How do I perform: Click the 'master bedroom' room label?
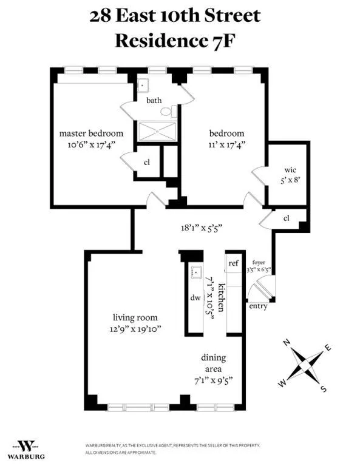tap(91, 133)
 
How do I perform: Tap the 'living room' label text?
tap(135, 317)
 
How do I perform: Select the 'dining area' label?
tap(217, 362)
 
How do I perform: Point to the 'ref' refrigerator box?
tap(234, 263)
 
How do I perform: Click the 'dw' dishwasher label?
tap(195, 298)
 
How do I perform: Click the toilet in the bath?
tap(174, 111)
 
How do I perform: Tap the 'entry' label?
tap(258, 306)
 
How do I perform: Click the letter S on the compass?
tap(324, 389)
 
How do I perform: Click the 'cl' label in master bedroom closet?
tap(147, 162)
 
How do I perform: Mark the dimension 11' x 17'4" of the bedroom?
tap(226, 145)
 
